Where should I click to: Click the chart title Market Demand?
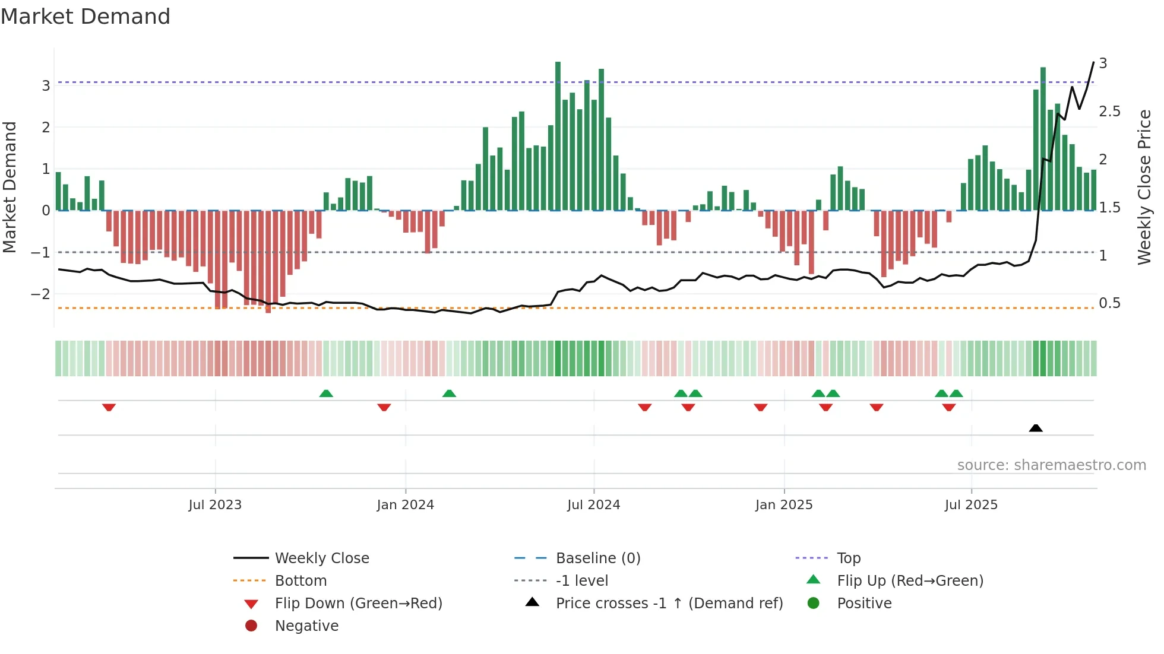(86, 17)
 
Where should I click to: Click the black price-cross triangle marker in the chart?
(1035, 428)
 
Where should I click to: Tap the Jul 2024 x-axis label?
(593, 505)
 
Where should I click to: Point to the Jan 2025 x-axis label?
(783, 505)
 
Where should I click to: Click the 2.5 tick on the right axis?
(1109, 112)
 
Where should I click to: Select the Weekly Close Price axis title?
(1144, 187)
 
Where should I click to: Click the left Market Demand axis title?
(10, 187)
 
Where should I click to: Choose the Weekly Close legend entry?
(321, 558)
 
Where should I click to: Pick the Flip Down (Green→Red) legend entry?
(358, 604)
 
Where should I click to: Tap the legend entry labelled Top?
(848, 558)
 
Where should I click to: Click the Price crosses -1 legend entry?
(669, 604)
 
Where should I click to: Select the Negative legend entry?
(306, 626)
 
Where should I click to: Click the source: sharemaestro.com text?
(1051, 465)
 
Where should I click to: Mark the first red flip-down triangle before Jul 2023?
(109, 407)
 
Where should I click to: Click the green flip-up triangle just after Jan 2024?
(449, 393)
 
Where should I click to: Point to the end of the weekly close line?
(1093, 62)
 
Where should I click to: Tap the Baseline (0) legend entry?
(597, 558)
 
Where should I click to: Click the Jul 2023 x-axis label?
(215, 505)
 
